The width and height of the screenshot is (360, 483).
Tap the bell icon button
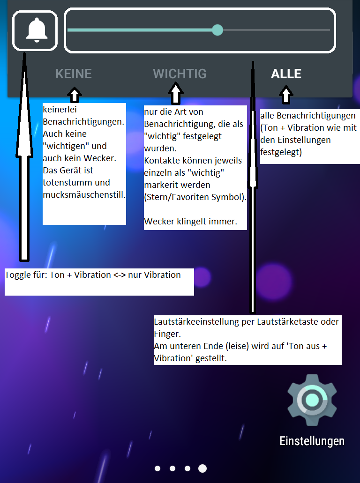click(x=35, y=30)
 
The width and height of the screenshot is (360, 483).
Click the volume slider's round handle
click(x=217, y=30)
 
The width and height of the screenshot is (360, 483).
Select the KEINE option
click(x=74, y=74)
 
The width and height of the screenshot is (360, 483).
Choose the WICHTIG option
click(x=180, y=74)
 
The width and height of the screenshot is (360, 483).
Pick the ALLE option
click(x=286, y=74)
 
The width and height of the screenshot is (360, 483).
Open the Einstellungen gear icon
click(x=312, y=400)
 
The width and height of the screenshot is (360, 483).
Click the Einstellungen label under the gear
click(x=312, y=441)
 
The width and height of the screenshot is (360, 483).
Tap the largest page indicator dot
click(x=202, y=468)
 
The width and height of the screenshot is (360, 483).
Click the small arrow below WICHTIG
click(x=176, y=93)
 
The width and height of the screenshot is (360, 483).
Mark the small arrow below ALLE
click(x=286, y=95)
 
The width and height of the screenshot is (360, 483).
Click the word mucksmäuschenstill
click(x=84, y=194)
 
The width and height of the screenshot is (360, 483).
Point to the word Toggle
click(x=17, y=275)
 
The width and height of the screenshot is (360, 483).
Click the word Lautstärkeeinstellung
click(x=204, y=322)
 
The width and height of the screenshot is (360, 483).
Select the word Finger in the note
click(x=167, y=335)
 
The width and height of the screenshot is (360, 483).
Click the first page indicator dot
click(x=157, y=468)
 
